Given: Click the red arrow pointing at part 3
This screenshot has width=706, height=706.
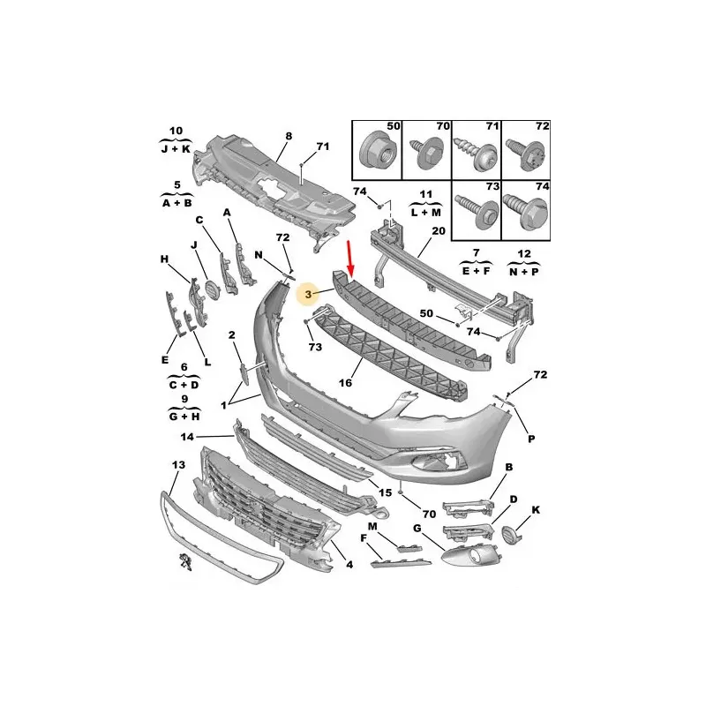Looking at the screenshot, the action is coord(349,259).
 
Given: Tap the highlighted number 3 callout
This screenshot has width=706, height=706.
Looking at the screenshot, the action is coord(308,295).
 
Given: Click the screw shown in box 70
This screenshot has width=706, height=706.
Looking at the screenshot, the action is coord(424,154).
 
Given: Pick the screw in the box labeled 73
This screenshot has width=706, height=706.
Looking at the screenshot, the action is coord(477,212).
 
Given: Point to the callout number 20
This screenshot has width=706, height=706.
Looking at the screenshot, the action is coord(438,231).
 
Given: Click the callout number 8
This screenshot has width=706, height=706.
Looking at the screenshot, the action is coord(289,136).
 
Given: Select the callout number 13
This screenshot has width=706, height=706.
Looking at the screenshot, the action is coord(178,464).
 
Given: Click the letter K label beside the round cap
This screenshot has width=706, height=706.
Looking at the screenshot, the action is coord(536,510).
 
